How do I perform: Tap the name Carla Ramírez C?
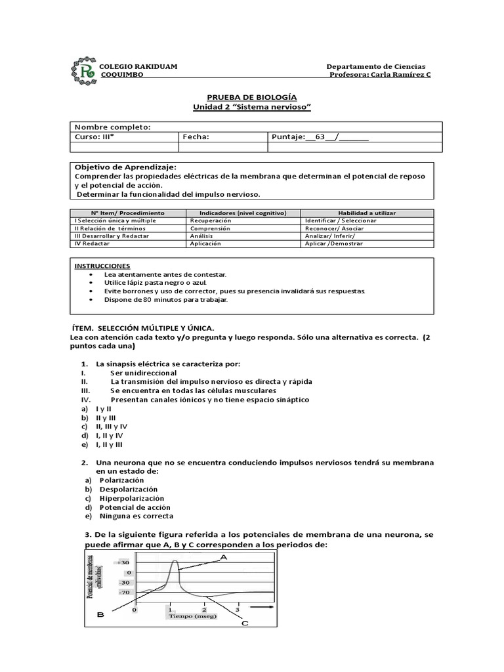point(401,75)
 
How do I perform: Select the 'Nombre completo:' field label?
point(112,127)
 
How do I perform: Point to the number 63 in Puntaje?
point(321,136)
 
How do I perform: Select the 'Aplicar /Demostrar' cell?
point(333,243)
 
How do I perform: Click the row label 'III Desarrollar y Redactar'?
point(112,236)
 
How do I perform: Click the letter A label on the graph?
point(223,557)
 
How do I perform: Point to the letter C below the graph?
point(244,623)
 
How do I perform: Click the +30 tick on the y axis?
point(124,562)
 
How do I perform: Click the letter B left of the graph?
point(101,615)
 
